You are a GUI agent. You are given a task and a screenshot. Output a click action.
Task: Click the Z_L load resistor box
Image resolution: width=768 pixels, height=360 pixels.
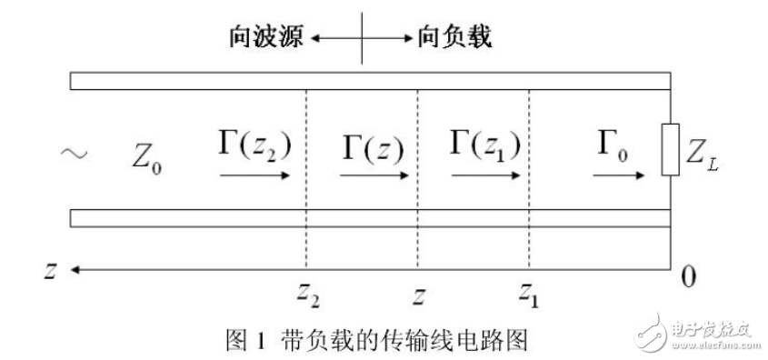(x=671, y=150)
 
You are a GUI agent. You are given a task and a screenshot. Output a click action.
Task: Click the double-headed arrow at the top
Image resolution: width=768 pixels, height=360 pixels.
(x=362, y=38)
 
